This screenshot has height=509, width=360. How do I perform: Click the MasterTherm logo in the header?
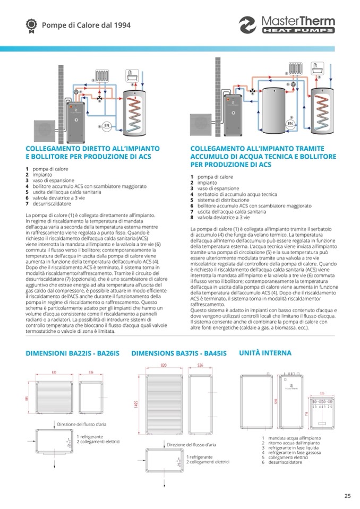click(x=287, y=25)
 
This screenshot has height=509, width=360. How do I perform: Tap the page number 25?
click(x=347, y=496)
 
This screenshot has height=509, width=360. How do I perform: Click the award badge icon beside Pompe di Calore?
click(x=31, y=24)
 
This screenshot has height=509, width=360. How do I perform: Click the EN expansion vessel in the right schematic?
click(x=290, y=124)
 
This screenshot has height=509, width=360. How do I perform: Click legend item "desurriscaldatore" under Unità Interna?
click(x=285, y=462)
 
